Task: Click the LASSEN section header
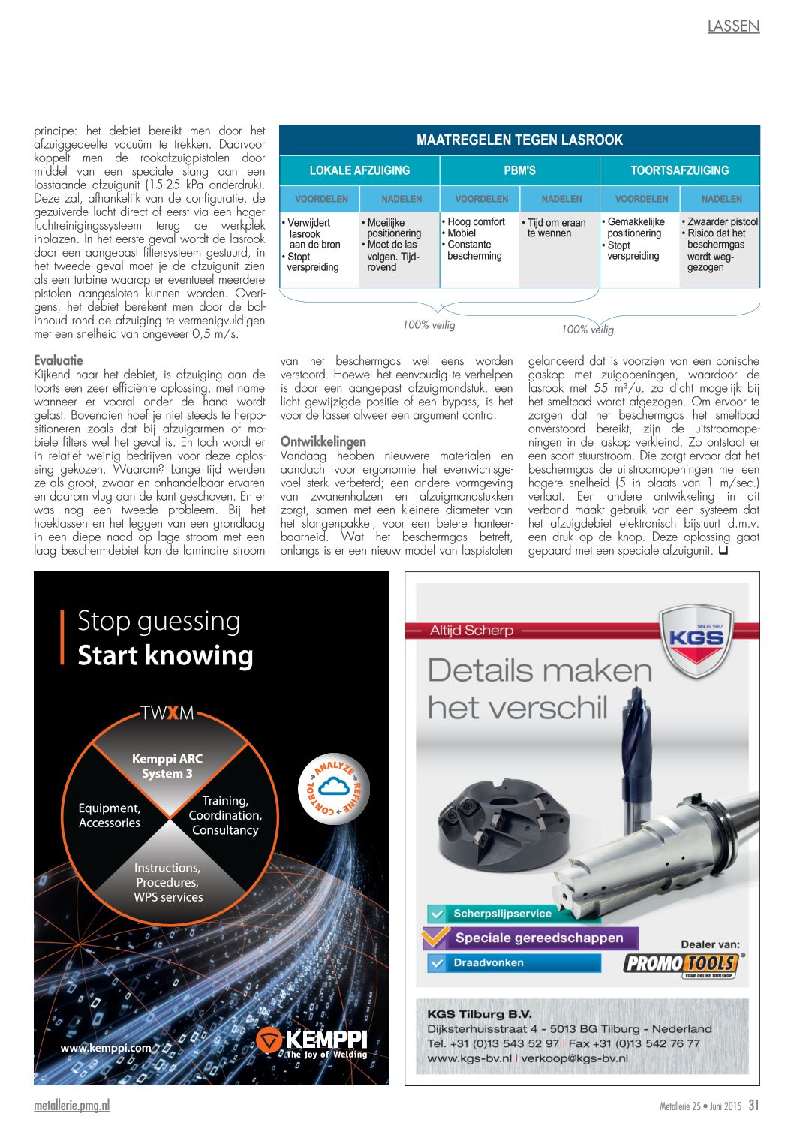pyautogui.click(x=733, y=26)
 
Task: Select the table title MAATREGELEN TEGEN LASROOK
pyautogui.click(x=519, y=140)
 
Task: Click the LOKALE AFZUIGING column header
pyautogui.click(x=359, y=170)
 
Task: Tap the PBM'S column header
pyautogui.click(x=519, y=170)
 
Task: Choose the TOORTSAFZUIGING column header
pyautogui.click(x=679, y=170)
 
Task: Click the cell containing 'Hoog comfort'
pyautogui.click(x=479, y=239)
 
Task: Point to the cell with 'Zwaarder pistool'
pyautogui.click(x=720, y=245)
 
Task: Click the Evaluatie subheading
pyautogui.click(x=59, y=360)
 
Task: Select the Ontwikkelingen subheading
pyautogui.click(x=323, y=441)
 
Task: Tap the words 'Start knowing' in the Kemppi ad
pyautogui.click(x=166, y=655)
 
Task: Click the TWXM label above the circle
pyautogui.click(x=167, y=712)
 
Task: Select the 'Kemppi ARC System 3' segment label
pyautogui.click(x=167, y=766)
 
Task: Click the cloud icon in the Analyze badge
pyautogui.click(x=333, y=786)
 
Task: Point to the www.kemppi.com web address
pyautogui.click(x=106, y=1048)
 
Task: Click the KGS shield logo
pyautogui.click(x=696, y=640)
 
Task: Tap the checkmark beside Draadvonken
pyautogui.click(x=437, y=962)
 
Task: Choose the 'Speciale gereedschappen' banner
pyautogui.click(x=538, y=938)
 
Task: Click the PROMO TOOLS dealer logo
pyautogui.click(x=682, y=964)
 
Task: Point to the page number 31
pyautogui.click(x=753, y=1105)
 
